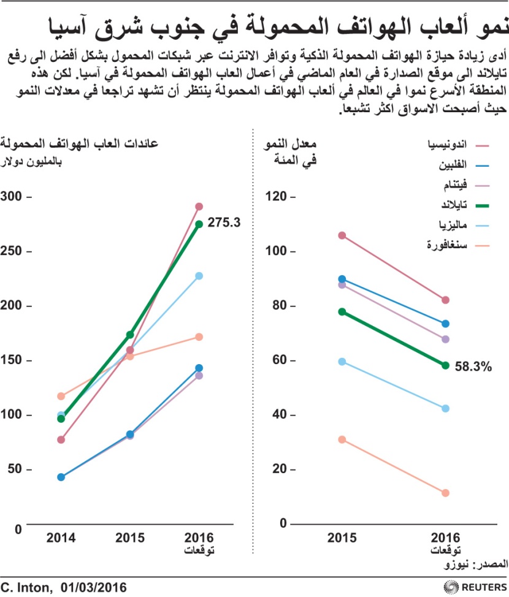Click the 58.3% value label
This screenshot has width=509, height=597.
(x=473, y=367)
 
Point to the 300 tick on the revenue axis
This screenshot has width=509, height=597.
(x=13, y=196)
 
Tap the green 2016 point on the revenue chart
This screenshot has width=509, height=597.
(x=199, y=224)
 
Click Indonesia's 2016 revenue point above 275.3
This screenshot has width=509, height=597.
(x=199, y=207)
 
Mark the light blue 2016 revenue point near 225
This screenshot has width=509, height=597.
(x=199, y=276)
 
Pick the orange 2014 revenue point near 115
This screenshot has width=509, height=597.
(x=61, y=396)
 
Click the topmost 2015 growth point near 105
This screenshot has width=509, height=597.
(x=342, y=235)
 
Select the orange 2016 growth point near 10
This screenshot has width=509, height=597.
(x=445, y=493)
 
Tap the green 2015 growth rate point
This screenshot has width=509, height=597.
(x=342, y=312)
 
